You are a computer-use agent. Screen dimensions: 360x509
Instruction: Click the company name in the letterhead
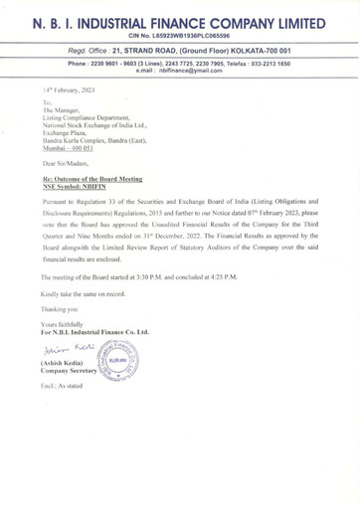coord(180,21)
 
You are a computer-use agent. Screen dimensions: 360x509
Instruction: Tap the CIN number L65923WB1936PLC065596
coord(180,38)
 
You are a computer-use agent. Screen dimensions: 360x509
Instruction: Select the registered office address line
coord(180,54)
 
